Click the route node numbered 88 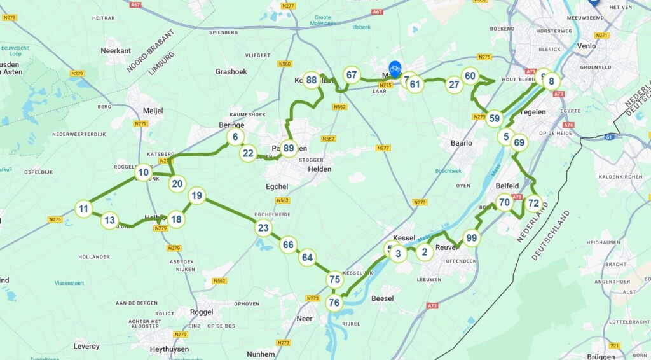(x=311, y=80)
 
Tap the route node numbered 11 (x=83, y=209)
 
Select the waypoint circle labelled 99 (x=471, y=239)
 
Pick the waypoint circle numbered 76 (x=334, y=303)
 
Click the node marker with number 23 (x=263, y=228)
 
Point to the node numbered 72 (x=533, y=204)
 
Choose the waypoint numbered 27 (x=454, y=85)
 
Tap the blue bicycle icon (x=395, y=68)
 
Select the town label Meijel (x=153, y=111)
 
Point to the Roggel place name (x=202, y=312)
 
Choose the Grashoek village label (x=231, y=72)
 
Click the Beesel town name (x=382, y=298)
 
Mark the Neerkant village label (x=116, y=50)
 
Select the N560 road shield (x=284, y=64)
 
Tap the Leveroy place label (x=86, y=346)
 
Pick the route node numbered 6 (x=235, y=137)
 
